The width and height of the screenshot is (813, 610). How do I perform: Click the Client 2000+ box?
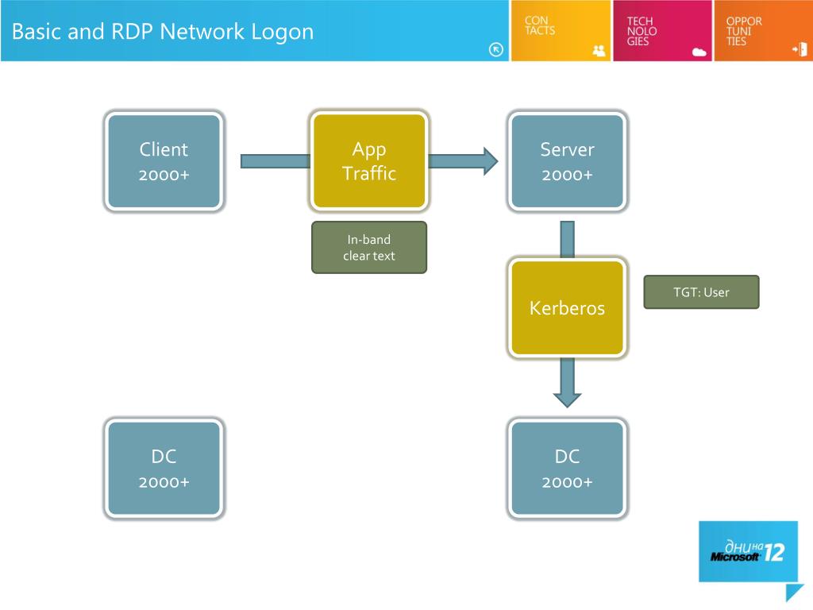pos(164,161)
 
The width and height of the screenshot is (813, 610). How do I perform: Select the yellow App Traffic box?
pos(369,160)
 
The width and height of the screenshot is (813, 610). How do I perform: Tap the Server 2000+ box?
pos(567,161)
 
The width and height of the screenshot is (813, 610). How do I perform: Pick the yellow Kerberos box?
pos(567,307)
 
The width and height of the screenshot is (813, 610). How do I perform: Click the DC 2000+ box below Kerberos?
pos(567,469)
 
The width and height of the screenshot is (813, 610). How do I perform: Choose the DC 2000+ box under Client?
pos(164,469)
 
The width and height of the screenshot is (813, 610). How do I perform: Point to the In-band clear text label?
pos(369,248)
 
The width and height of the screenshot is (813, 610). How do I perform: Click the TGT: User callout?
pos(702,292)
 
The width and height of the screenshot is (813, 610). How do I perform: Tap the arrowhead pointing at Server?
pos(491,161)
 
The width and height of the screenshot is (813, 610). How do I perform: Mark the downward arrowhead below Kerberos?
pos(567,400)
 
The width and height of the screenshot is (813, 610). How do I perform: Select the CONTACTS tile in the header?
pos(561,31)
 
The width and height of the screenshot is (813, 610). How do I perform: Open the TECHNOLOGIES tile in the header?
pos(662,31)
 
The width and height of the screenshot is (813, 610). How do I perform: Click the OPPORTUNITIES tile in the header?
pos(763,31)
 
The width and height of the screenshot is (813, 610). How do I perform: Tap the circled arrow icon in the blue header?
pos(495,50)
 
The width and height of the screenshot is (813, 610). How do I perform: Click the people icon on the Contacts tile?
pos(599,50)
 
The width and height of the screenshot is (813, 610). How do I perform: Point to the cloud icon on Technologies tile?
pos(699,52)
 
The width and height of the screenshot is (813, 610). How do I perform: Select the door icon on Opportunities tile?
pos(800,50)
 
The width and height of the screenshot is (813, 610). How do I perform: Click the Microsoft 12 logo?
pos(748,552)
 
